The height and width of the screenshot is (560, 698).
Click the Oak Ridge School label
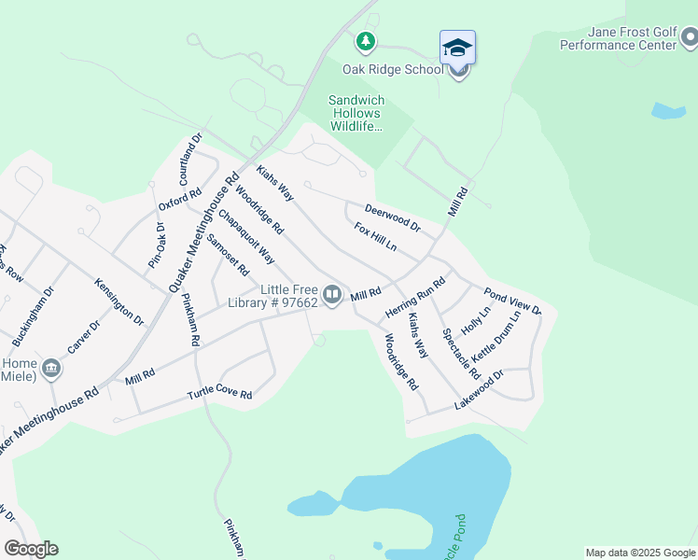click(x=393, y=70)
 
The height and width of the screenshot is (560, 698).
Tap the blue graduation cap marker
click(x=457, y=47)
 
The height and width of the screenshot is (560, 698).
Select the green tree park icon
click(x=366, y=41)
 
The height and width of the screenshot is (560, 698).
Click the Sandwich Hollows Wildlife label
click(x=356, y=113)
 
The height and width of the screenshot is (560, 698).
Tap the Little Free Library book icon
click(x=331, y=294)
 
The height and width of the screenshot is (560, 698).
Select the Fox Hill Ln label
click(x=375, y=237)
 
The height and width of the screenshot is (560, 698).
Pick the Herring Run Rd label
click(x=416, y=293)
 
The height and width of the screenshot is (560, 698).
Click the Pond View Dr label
click(x=511, y=303)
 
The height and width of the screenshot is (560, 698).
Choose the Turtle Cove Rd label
click(x=219, y=395)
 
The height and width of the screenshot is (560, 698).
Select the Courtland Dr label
click(x=190, y=160)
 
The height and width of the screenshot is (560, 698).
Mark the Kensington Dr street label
click(x=119, y=301)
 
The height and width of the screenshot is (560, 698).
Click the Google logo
click(x=31, y=549)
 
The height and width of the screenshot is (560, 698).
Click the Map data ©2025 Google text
click(x=640, y=553)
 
